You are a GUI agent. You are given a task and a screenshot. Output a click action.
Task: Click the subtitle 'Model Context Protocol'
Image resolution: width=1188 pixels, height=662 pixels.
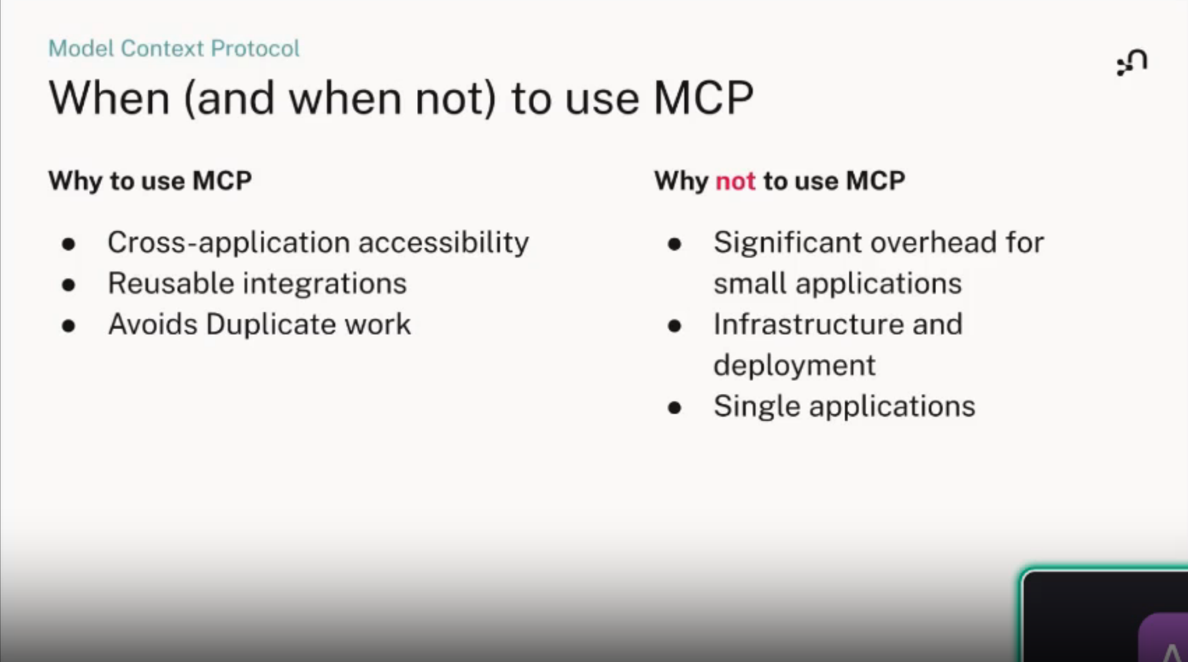tap(174, 48)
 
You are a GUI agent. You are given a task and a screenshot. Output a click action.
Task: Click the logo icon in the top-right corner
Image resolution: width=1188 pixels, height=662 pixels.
tap(1132, 62)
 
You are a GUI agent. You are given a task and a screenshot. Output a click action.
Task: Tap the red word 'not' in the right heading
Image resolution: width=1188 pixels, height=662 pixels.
tap(735, 181)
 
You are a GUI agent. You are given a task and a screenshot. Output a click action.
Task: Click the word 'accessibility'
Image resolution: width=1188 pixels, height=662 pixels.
tap(443, 243)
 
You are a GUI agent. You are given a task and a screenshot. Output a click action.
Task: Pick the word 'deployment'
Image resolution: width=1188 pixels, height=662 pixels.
tap(794, 366)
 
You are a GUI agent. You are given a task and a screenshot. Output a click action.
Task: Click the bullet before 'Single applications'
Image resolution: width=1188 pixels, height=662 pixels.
tap(674, 408)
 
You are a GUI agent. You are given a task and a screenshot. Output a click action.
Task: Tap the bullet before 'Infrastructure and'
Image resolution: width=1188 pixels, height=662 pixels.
tap(674, 326)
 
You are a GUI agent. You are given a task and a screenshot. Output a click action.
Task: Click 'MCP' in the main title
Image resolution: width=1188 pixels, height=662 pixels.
tap(703, 98)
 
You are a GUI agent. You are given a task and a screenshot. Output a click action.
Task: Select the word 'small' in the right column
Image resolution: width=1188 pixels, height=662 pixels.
tap(750, 283)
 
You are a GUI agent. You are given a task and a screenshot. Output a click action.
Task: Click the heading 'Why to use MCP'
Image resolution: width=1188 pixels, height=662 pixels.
tap(150, 181)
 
